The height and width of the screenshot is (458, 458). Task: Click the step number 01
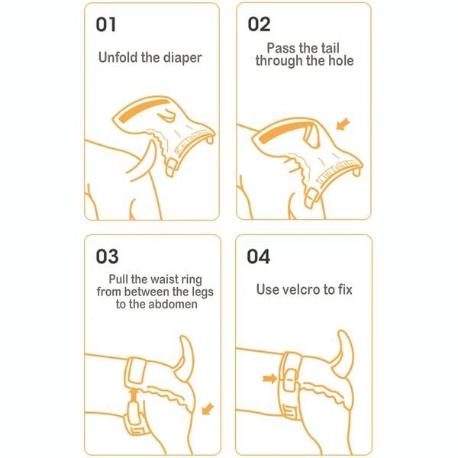click(106, 24)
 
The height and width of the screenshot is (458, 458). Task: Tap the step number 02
click(259, 24)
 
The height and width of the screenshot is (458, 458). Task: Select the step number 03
click(107, 256)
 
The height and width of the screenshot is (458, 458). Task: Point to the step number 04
click(258, 256)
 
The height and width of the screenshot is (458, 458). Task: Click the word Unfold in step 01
click(118, 57)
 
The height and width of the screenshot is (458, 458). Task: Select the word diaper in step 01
click(182, 58)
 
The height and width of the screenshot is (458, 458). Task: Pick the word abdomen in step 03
click(173, 305)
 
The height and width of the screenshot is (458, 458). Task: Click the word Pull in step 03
click(118, 279)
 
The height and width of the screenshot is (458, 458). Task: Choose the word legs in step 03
click(202, 292)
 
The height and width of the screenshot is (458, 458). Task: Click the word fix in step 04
click(345, 289)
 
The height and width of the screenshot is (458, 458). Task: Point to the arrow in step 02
click(343, 124)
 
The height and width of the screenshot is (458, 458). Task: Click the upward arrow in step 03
click(134, 395)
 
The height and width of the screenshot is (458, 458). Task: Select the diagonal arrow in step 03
click(208, 408)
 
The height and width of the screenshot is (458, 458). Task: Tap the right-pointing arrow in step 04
click(269, 379)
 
